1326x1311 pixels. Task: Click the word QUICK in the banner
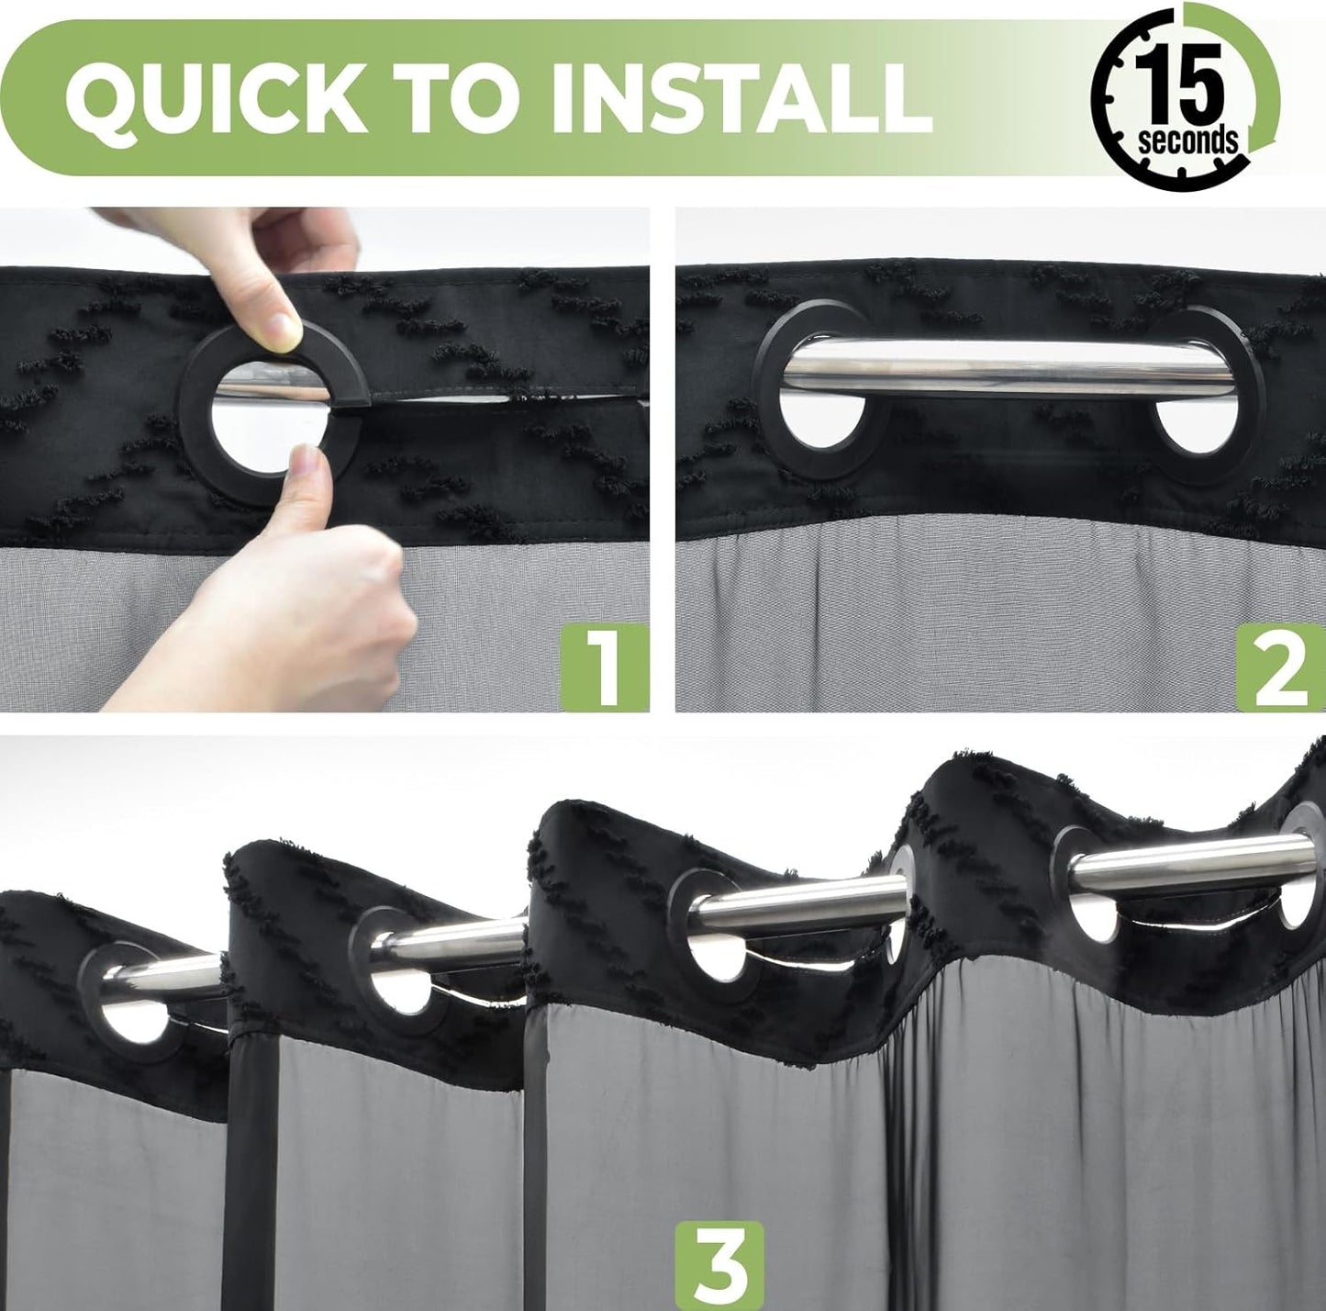tap(216, 96)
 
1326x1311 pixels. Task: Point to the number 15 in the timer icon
tap(1178, 83)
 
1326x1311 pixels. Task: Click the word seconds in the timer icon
tap(1187, 140)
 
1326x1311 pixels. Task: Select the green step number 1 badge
tap(604, 667)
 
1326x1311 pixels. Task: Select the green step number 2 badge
tap(1281, 667)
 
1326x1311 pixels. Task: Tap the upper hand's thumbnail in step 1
tap(284, 331)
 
